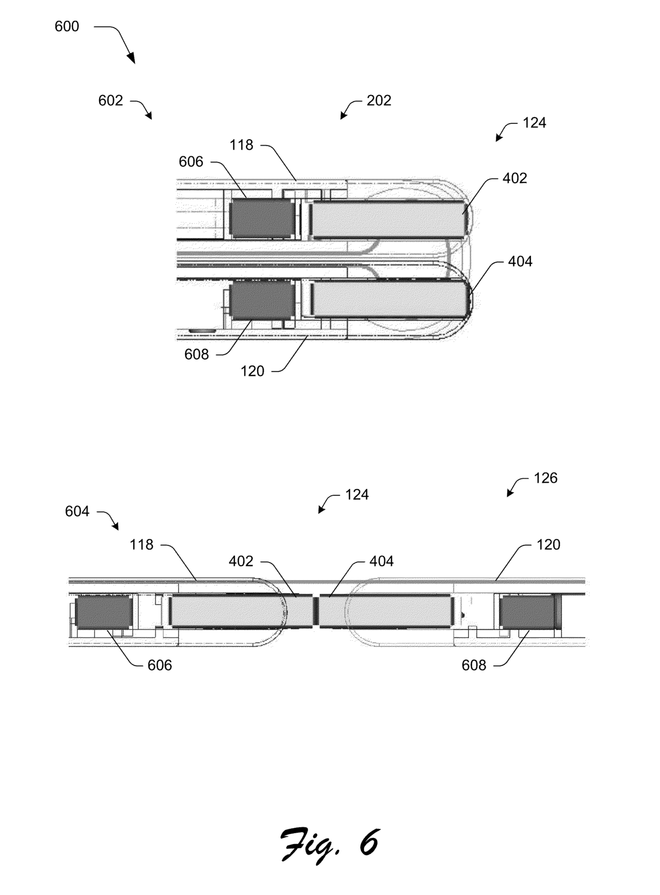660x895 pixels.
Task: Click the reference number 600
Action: point(67,26)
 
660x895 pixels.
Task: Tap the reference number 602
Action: point(111,101)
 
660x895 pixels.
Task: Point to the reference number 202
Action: point(379,101)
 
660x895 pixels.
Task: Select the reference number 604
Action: point(77,511)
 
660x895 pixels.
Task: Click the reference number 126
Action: point(546,478)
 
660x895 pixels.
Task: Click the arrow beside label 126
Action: point(517,486)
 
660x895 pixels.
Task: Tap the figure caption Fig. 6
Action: point(330,844)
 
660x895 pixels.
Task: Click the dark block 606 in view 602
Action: point(261,219)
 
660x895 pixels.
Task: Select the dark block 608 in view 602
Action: point(261,301)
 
